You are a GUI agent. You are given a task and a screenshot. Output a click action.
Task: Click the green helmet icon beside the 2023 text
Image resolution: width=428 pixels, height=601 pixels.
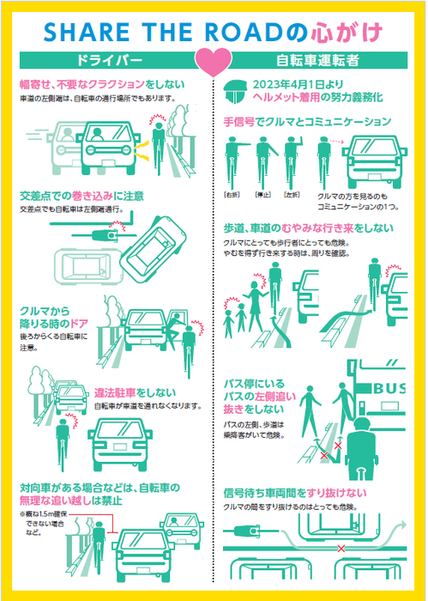point(234,90)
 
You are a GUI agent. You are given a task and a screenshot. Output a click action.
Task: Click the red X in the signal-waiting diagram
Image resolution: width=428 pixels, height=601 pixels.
point(341,547)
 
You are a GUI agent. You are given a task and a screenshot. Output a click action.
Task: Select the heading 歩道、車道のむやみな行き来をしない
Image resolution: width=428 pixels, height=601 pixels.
point(308,228)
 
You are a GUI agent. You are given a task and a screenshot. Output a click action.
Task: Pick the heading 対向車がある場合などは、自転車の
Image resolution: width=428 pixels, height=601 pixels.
point(99,488)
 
